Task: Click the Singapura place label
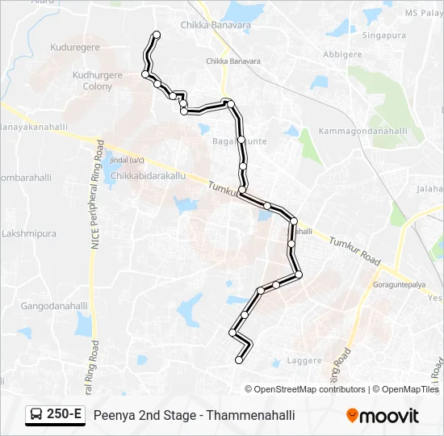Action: coord(384,36)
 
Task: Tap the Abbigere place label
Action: coord(342,56)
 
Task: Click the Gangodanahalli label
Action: coord(54,306)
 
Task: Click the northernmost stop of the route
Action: coord(157,35)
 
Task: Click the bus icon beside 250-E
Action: coord(37,415)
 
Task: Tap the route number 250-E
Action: coord(65,415)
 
